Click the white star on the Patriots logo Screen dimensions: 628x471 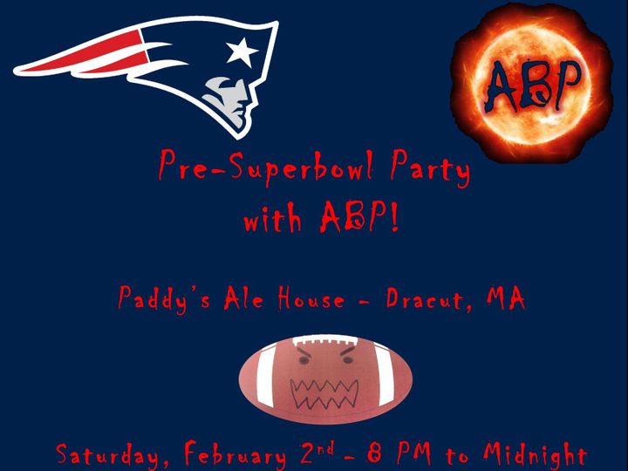point(241,52)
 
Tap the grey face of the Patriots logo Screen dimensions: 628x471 point(228,100)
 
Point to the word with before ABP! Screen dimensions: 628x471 point(272,219)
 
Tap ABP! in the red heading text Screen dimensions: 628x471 point(359,216)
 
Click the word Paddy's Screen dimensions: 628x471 point(163,299)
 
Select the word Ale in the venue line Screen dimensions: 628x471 point(243,298)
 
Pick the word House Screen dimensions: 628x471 point(311,299)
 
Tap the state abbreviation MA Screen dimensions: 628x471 point(505,298)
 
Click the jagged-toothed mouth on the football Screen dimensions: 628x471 point(324,394)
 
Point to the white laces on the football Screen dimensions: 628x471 point(324,341)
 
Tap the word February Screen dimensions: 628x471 point(235,454)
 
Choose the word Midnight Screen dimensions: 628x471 point(535,454)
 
